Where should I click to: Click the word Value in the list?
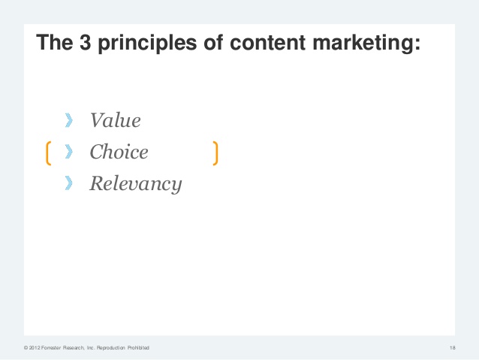116,120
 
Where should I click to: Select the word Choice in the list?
119,152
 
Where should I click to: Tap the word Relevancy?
136,184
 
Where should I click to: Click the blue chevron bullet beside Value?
69,120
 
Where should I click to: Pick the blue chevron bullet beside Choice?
69,152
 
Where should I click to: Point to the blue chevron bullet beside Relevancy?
69,183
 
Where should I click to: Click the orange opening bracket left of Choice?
47,153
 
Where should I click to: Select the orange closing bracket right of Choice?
216,153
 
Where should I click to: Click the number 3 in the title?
86,42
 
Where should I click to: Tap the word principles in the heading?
147,43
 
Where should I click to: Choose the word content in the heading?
267,42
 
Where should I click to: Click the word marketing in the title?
363,43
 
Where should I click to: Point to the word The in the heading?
55,42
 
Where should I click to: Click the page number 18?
453,348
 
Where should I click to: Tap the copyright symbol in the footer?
26,348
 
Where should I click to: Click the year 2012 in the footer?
35,348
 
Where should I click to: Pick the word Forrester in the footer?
51,348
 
